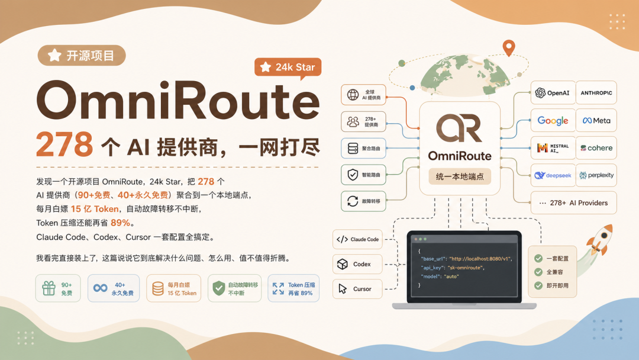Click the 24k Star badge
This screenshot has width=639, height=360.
click(x=288, y=67)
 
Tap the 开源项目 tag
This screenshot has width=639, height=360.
click(x=82, y=56)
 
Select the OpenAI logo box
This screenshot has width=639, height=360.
click(x=553, y=92)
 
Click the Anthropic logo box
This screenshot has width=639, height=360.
click(x=596, y=92)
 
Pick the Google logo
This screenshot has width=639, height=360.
click(x=553, y=120)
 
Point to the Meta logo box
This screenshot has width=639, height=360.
click(x=596, y=120)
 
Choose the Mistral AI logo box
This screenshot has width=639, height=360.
click(x=553, y=147)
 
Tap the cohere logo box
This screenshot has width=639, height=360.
click(x=596, y=147)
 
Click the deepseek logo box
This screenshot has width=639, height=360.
click(x=553, y=175)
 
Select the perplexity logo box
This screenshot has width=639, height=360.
click(x=596, y=175)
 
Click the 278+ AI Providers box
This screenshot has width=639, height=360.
click(x=573, y=202)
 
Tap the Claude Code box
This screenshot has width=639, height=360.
click(x=357, y=239)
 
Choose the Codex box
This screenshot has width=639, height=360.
click(x=357, y=264)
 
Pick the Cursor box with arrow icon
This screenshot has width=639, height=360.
click(x=357, y=289)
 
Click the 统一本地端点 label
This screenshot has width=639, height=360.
click(x=460, y=176)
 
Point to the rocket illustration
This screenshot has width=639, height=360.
click(x=598, y=240)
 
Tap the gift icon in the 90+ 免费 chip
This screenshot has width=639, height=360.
click(x=49, y=288)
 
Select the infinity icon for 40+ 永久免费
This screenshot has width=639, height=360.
click(x=100, y=288)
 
